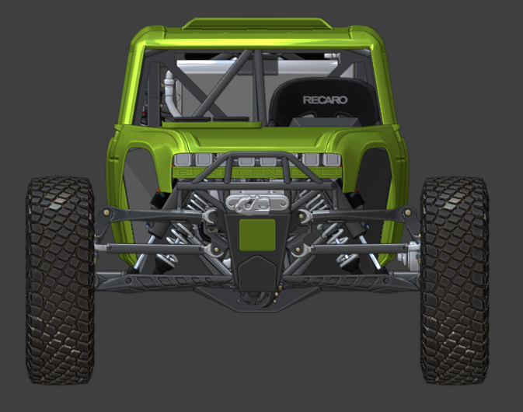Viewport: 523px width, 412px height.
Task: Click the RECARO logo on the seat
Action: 325,100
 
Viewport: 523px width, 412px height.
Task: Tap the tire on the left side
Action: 60,280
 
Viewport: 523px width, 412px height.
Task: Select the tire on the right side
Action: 455,280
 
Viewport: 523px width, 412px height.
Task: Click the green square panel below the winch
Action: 257,235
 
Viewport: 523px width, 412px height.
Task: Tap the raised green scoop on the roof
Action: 257,23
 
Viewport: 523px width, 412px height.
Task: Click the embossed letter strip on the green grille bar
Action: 257,172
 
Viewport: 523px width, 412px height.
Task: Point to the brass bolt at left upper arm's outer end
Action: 106,212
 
